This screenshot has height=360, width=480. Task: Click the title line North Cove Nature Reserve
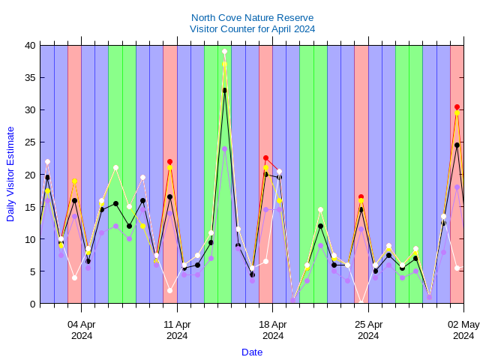click(252, 17)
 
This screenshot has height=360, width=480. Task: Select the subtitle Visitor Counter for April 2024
click(252, 28)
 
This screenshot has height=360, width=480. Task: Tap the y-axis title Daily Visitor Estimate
click(10, 174)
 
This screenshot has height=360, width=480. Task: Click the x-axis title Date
click(252, 352)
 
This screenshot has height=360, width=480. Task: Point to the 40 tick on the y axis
click(30, 45)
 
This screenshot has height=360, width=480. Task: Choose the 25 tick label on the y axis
click(30, 142)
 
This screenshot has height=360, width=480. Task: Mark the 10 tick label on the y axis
click(30, 239)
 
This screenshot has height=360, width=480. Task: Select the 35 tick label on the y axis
click(30, 77)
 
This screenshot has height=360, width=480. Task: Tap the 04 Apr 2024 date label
click(82, 330)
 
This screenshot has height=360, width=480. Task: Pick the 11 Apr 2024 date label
click(177, 330)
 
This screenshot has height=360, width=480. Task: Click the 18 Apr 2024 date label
click(273, 330)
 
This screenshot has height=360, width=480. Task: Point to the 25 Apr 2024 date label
click(368, 330)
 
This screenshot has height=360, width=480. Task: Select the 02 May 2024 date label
click(463, 330)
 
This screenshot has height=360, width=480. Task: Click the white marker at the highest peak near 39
click(224, 52)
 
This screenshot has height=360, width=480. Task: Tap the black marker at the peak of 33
click(224, 90)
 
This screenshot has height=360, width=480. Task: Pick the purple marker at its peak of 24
click(224, 148)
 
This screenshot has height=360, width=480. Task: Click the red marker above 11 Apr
click(170, 161)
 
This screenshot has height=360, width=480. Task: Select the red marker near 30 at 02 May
click(457, 107)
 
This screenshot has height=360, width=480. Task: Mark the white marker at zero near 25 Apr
click(361, 303)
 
